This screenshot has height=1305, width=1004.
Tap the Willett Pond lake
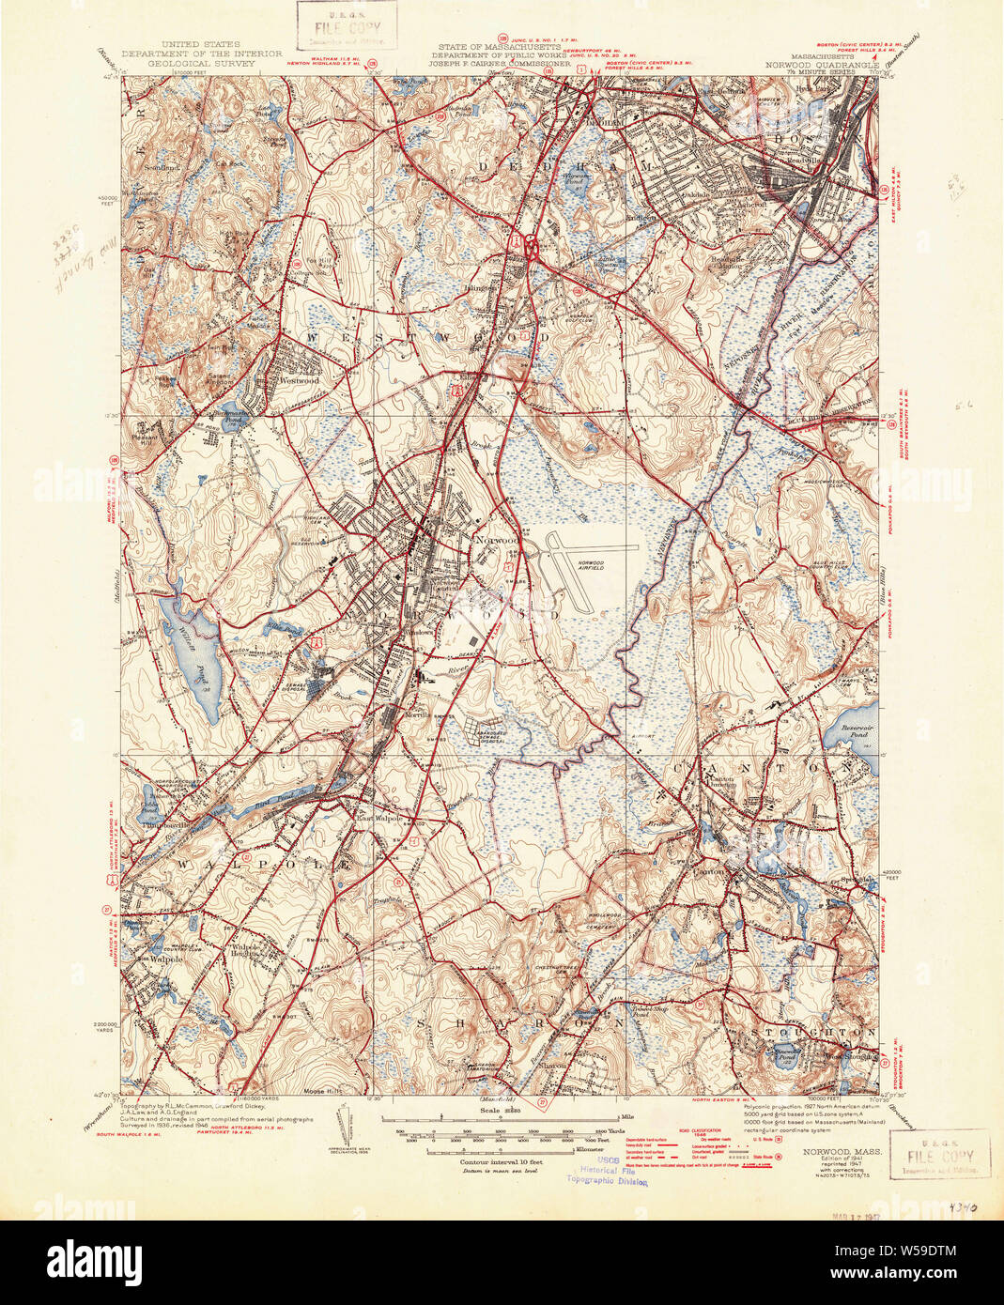point(193,649)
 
